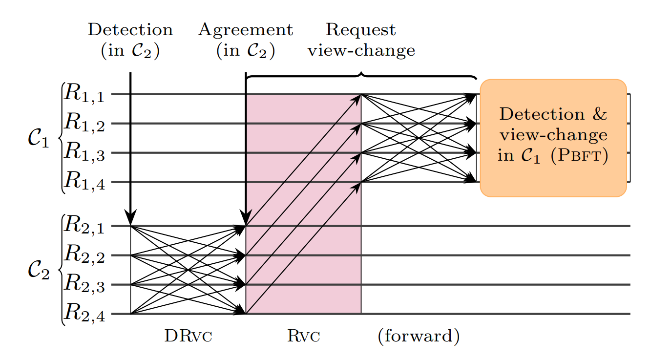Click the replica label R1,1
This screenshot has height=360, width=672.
click(84, 93)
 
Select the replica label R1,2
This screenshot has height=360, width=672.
click(84, 123)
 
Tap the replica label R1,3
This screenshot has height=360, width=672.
click(84, 151)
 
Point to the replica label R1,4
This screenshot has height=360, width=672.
click(84, 181)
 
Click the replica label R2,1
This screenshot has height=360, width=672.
click(84, 225)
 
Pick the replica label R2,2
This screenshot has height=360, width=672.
click(84, 254)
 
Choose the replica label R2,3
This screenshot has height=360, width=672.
click(84, 283)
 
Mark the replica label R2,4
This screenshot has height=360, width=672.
click(84, 313)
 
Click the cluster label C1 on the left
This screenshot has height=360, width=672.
click(39, 139)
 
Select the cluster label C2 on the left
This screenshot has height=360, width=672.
click(39, 270)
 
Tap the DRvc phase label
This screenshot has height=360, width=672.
click(188, 336)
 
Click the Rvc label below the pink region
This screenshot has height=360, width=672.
click(304, 336)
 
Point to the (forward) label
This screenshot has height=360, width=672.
click(419, 336)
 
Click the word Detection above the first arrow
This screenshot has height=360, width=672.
click(130, 30)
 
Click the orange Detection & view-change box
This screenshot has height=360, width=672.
click(553, 138)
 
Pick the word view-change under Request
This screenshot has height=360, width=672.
click(361, 50)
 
